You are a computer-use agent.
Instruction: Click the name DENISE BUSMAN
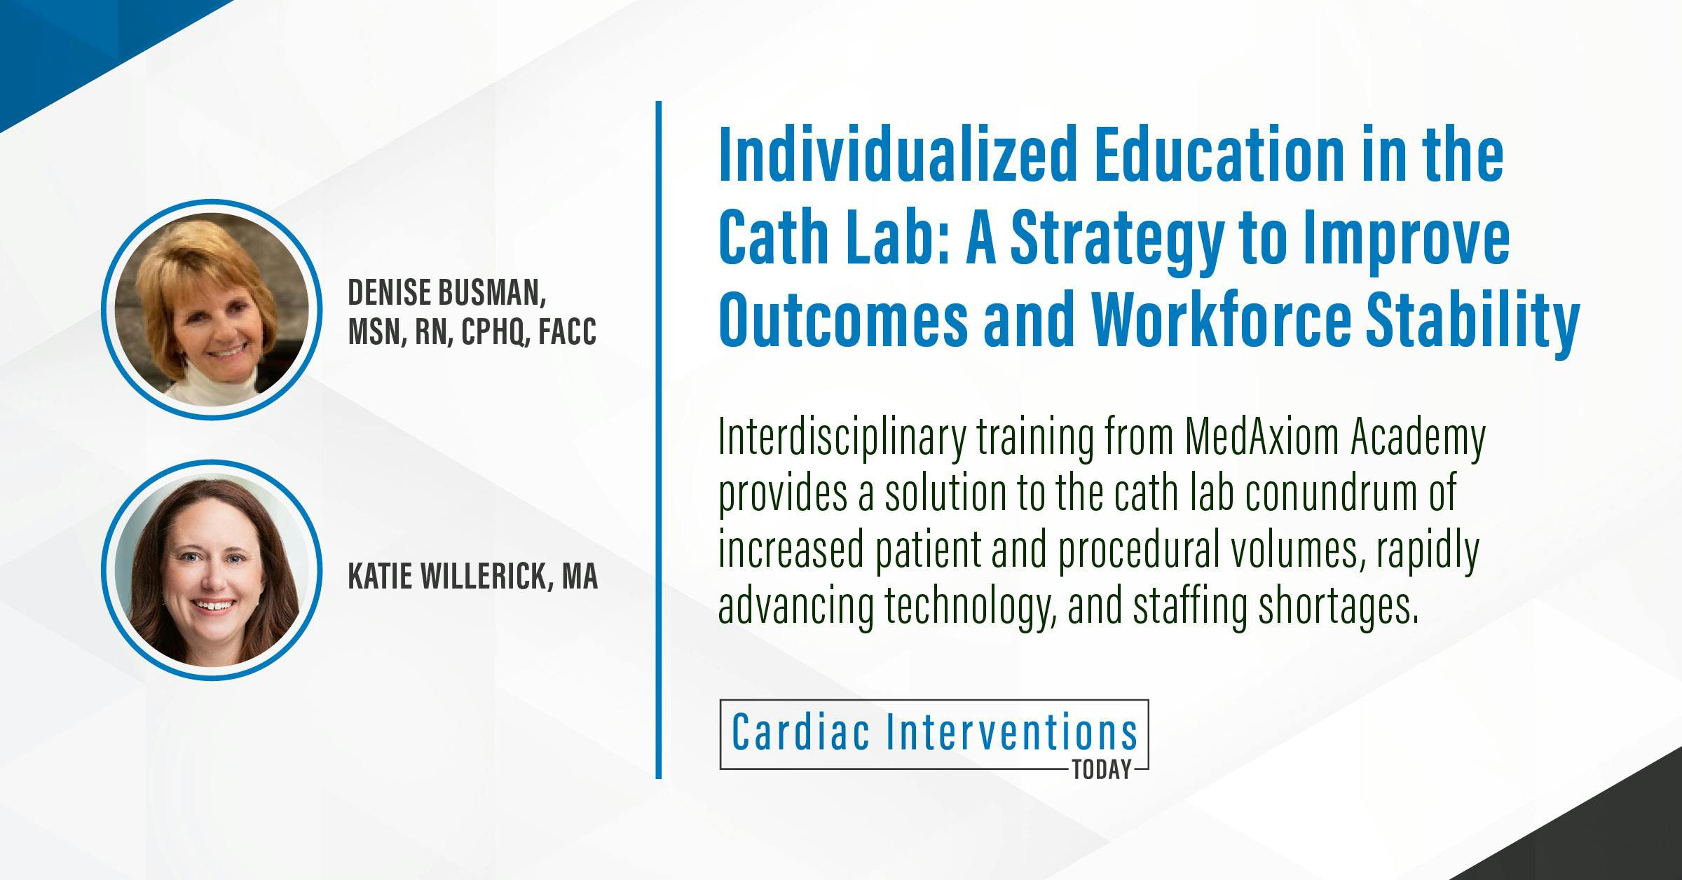pos(446,294)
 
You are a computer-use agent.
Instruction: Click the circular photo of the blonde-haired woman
pos(211,310)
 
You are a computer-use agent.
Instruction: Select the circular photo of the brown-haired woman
pos(211,570)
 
